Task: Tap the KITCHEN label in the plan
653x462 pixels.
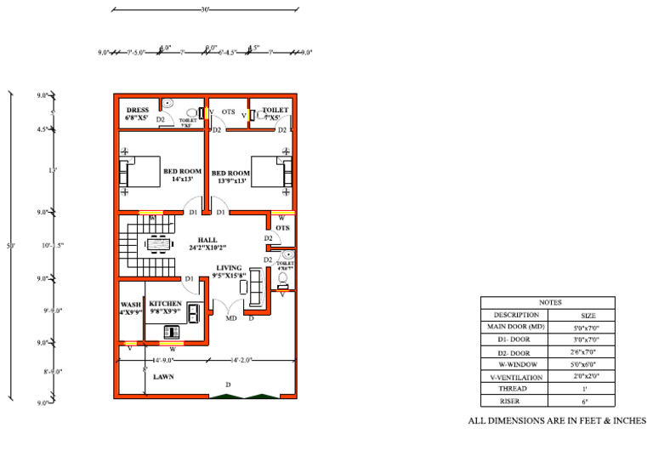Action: [165, 304]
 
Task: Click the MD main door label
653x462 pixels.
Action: [230, 318]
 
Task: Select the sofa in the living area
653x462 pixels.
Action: [253, 286]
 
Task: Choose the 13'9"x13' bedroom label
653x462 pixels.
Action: [230, 177]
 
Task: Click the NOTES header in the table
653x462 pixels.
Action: [550, 302]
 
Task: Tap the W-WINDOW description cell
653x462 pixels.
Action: [516, 363]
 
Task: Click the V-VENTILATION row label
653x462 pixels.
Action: [516, 375]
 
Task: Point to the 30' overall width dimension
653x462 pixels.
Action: [205, 10]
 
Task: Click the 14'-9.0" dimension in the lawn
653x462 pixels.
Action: [164, 360]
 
